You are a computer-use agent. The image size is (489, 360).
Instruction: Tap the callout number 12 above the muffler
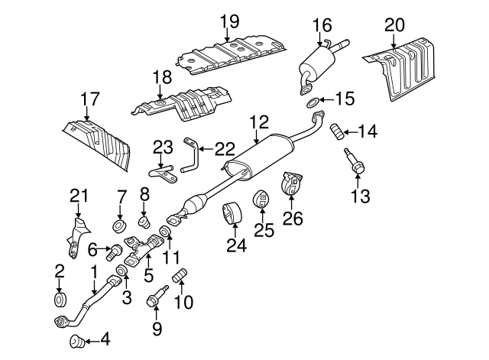point(260,121)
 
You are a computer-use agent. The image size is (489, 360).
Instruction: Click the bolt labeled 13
point(352,161)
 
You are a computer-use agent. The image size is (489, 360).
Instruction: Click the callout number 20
point(394,25)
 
